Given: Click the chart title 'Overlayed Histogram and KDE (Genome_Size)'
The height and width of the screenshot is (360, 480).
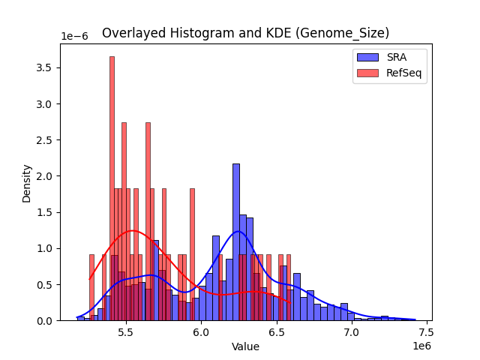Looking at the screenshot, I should point(245,33).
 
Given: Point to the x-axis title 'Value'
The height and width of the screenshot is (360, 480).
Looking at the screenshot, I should point(245,347).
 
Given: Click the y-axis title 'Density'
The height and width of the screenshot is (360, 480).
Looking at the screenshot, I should point(27,182).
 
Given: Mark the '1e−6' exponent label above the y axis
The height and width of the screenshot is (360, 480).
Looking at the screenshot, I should point(74,37).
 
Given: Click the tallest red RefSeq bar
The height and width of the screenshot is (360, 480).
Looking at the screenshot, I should point(112,187).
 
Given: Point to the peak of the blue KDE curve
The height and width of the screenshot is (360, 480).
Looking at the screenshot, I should point(238,231).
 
